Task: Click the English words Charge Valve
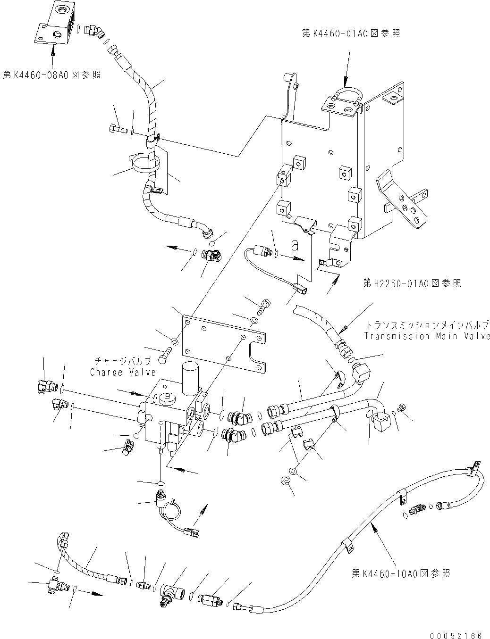123,372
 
